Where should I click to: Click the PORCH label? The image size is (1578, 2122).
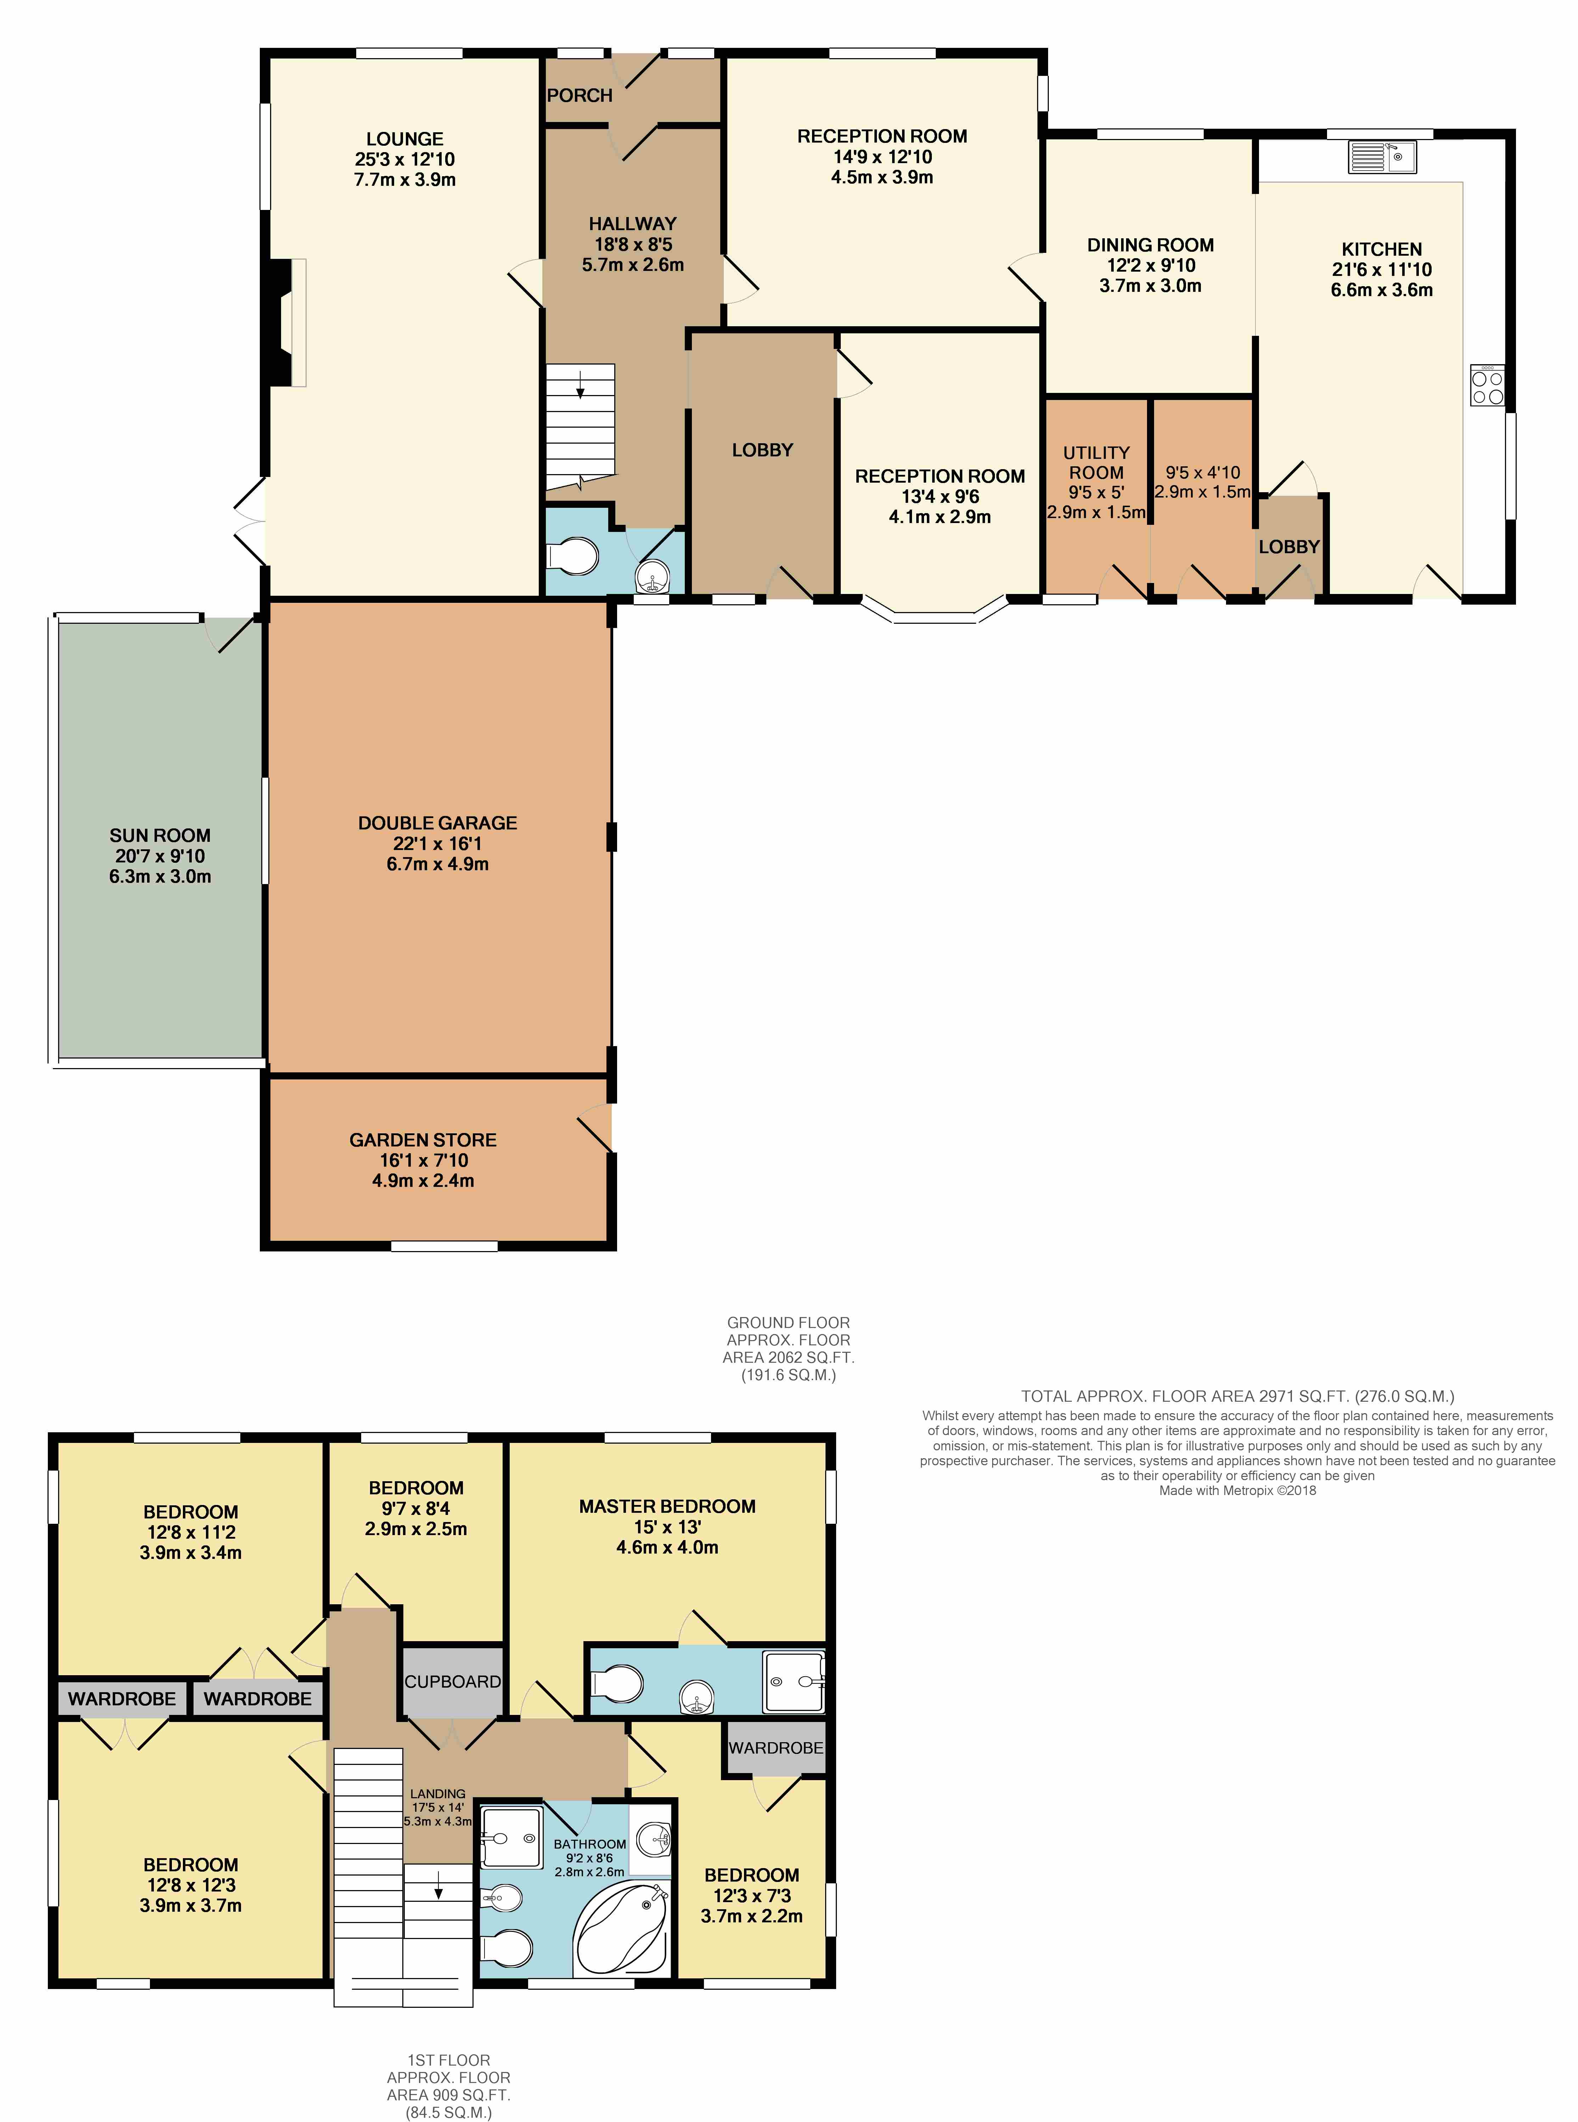[580, 95]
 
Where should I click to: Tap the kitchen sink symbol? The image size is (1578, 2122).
[1382, 157]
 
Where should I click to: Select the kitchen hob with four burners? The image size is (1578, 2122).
[1487, 385]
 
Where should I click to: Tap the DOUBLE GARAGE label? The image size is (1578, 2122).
[437, 823]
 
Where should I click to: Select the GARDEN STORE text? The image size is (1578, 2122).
[423, 1140]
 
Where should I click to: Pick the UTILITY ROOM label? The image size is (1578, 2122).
[1097, 462]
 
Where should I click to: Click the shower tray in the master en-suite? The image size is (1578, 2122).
[793, 1682]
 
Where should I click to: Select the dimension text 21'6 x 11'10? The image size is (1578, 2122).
[1382, 270]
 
